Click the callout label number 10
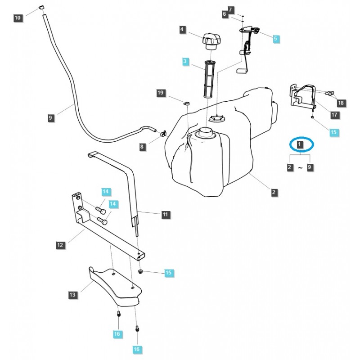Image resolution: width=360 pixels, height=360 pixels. pyautogui.click(x=18, y=18)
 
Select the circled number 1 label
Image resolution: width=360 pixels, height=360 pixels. pyautogui.click(x=301, y=144)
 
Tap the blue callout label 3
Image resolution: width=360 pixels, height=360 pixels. pyautogui.click(x=186, y=61)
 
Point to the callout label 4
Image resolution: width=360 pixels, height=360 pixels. pyautogui.click(x=182, y=30)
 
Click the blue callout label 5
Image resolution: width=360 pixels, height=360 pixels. pyautogui.click(x=276, y=38)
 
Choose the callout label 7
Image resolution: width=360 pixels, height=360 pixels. pyautogui.click(x=231, y=9)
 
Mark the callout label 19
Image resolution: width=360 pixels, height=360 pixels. pyautogui.click(x=161, y=93)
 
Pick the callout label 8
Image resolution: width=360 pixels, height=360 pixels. pyautogui.click(x=142, y=146)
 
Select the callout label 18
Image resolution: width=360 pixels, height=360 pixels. pyautogui.click(x=340, y=103)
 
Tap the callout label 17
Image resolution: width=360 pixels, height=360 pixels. pyautogui.click(x=334, y=115)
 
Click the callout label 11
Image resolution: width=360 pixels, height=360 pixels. pyautogui.click(x=165, y=215)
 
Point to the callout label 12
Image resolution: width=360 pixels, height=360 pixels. pyautogui.click(x=60, y=245)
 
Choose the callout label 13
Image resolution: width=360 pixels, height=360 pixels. pyautogui.click(x=72, y=295)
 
